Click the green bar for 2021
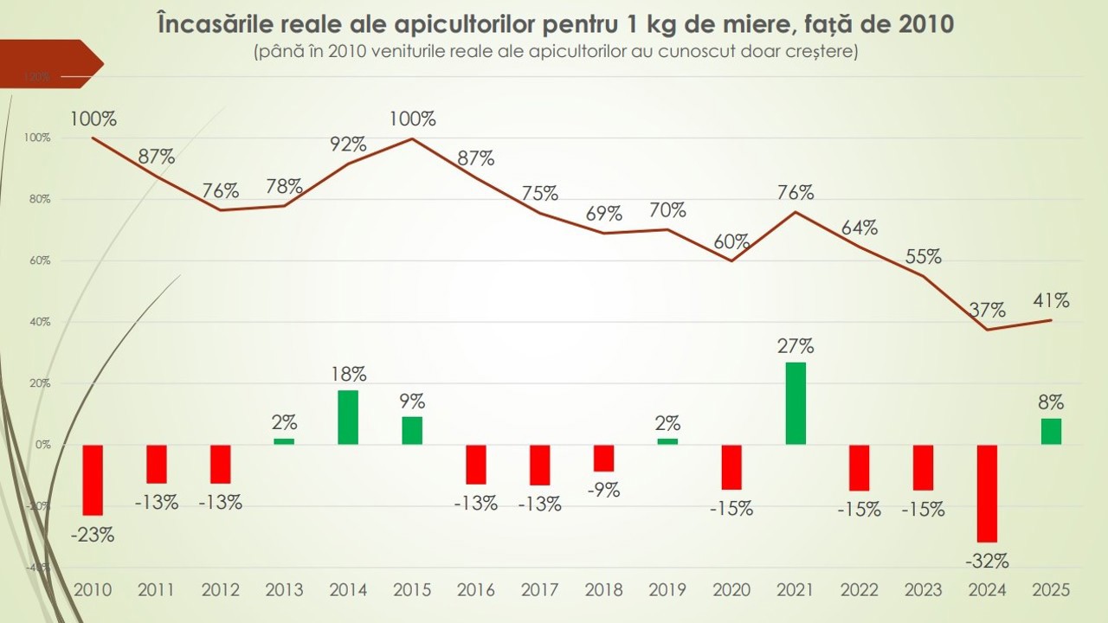(796, 403)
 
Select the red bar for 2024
(987, 493)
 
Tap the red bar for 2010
(93, 480)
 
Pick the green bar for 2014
(348, 418)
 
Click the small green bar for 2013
(284, 441)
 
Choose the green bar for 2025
(1051, 432)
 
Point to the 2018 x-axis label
(603, 590)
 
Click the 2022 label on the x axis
(859, 590)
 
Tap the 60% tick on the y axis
(41, 260)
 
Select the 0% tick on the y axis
(42, 445)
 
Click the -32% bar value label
(987, 561)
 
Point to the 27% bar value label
(796, 346)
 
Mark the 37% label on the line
(987, 310)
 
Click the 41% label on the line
(1051, 301)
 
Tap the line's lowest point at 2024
(987, 330)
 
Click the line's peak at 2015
(412, 138)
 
